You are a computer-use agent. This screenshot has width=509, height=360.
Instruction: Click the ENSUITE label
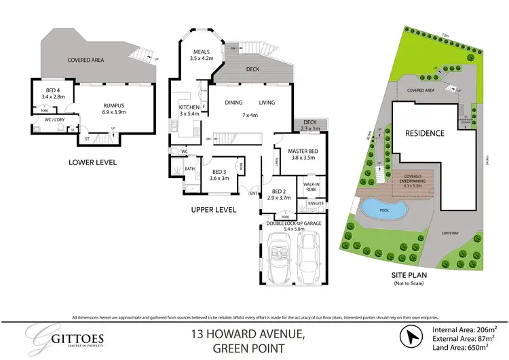click(x=316, y=203)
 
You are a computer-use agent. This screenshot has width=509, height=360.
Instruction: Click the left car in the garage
click(x=278, y=259)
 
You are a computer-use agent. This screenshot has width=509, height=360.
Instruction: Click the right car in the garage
click(x=310, y=259)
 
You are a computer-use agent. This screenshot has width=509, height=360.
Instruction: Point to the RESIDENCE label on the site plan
click(x=426, y=133)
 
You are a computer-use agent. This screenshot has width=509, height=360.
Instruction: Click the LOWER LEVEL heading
click(x=92, y=162)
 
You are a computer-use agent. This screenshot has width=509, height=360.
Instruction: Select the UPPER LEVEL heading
click(x=213, y=210)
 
